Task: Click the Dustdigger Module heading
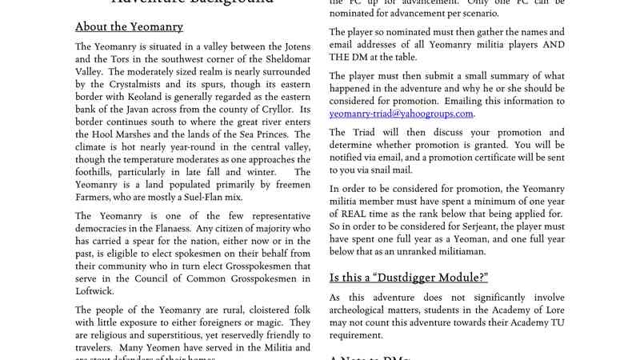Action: pyautogui.click(x=409, y=278)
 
